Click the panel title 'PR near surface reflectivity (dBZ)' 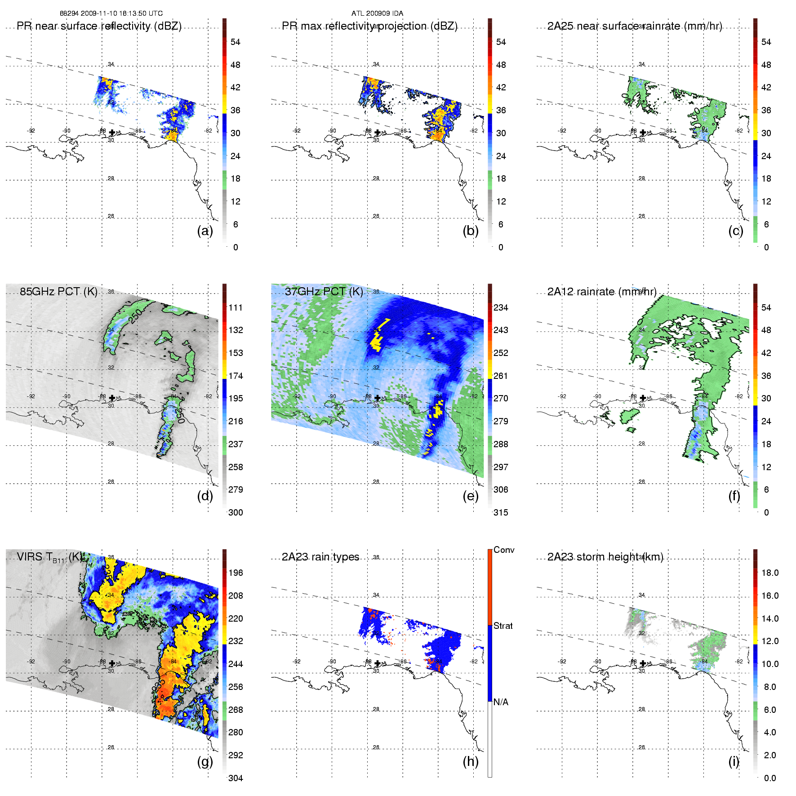click(x=99, y=26)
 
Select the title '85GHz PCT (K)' click(x=58, y=291)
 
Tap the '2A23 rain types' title click(x=320, y=557)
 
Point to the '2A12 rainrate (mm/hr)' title click(x=602, y=291)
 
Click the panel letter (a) click(x=205, y=231)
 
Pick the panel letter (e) click(x=471, y=496)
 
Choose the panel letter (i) click(x=734, y=761)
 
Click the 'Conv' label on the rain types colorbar click(x=503, y=550)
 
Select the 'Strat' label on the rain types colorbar click(x=503, y=626)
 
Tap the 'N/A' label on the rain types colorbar click(x=501, y=702)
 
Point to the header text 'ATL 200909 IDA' click(x=377, y=13)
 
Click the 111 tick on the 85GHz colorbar click(x=236, y=307)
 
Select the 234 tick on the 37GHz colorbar click(x=501, y=307)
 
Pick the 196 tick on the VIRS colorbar click(x=236, y=573)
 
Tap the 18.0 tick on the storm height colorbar click(x=769, y=573)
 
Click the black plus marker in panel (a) click(x=112, y=133)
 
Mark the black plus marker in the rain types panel click(x=378, y=663)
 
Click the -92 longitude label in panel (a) click(x=31, y=131)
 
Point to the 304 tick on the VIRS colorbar click(x=236, y=778)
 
